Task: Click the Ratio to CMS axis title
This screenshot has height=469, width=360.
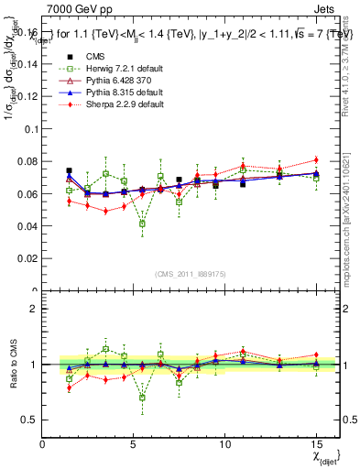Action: point(12,365)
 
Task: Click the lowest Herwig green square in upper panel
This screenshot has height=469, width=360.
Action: point(142,224)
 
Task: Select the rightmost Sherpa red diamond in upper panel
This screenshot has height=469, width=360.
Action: point(316,160)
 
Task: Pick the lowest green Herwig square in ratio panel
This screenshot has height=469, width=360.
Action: point(142,398)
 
